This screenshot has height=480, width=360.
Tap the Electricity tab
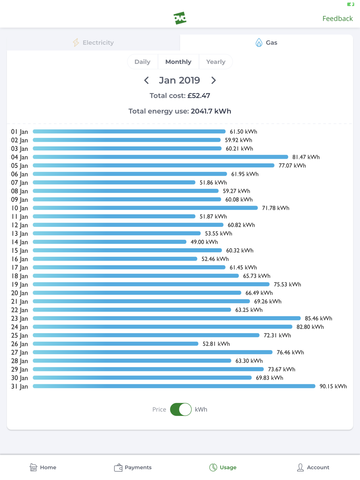93,43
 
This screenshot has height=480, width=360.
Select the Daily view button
142,62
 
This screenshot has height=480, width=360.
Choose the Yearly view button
216,62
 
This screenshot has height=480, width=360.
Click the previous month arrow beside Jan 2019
146,80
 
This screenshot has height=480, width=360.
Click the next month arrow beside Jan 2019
214,80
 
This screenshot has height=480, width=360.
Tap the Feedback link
337,19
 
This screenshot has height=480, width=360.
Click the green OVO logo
180,18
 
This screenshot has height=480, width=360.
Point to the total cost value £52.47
199,96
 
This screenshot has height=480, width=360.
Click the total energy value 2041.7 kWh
211,111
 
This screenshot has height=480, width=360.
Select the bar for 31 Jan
174,386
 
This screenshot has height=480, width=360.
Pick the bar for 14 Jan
109,242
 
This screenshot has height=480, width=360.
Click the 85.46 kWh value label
318,318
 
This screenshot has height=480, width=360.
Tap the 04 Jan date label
19,157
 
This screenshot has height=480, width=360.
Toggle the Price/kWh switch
181,409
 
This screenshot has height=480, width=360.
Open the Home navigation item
43,467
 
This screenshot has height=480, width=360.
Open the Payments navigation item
133,467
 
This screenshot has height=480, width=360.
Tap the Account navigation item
313,467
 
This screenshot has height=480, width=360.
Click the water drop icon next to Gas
259,43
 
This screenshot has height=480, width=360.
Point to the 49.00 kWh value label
204,242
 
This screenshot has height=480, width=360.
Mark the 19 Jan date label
19,284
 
